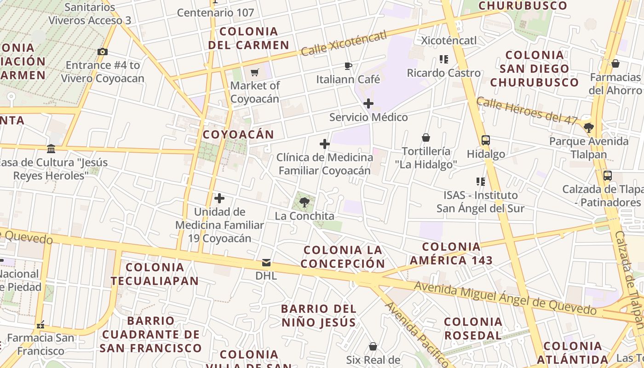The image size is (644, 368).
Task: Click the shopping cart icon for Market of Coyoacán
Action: (x=255, y=72)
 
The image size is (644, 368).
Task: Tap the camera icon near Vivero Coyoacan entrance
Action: (x=103, y=52)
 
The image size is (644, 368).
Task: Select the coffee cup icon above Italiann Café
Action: (x=348, y=66)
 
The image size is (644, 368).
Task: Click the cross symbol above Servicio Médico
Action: (x=368, y=103)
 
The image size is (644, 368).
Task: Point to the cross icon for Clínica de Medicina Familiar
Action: (x=325, y=144)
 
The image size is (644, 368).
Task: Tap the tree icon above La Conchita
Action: (x=304, y=202)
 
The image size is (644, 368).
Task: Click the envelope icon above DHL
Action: (x=266, y=263)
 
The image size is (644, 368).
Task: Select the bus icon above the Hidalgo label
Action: (x=485, y=140)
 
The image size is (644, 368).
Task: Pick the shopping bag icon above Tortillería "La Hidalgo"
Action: (x=426, y=138)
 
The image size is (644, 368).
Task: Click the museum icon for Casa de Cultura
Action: (x=51, y=149)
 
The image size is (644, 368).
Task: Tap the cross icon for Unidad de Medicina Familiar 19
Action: (x=220, y=198)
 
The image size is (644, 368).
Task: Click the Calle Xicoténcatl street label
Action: (x=344, y=44)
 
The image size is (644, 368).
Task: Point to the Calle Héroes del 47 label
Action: (x=527, y=111)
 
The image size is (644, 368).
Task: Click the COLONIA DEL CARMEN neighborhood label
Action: (x=248, y=38)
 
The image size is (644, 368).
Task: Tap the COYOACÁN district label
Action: (x=238, y=134)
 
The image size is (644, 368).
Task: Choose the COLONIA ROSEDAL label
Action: (x=473, y=328)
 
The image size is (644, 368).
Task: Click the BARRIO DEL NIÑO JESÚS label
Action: (x=319, y=315)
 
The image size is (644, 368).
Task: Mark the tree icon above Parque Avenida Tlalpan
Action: (x=588, y=127)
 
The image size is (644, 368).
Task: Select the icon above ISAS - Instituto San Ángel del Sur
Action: (x=481, y=182)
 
